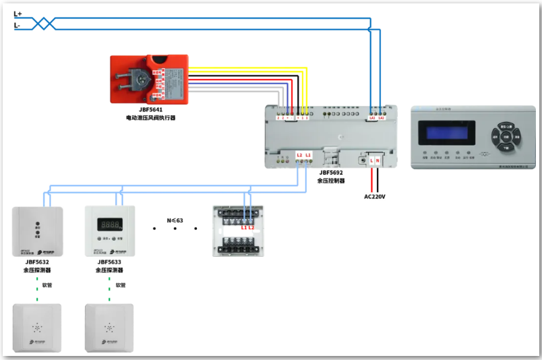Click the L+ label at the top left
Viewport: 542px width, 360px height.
click(x=18, y=13)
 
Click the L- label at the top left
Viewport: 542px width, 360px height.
click(x=17, y=26)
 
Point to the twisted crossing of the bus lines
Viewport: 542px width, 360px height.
click(x=44, y=24)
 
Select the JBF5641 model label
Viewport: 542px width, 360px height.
click(x=150, y=109)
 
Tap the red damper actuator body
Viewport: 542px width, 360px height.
click(x=149, y=79)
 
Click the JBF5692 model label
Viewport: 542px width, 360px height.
click(x=332, y=172)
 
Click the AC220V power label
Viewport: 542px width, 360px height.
click(x=375, y=197)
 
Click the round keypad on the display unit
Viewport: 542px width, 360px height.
click(x=506, y=136)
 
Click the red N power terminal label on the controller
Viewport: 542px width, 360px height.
click(x=378, y=160)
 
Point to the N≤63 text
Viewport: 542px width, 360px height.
click(x=175, y=220)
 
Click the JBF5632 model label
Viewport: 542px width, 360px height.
click(x=37, y=262)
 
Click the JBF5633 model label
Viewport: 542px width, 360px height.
click(x=109, y=262)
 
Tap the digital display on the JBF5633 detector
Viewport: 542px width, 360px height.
click(x=109, y=223)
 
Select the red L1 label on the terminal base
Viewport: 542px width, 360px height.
click(x=244, y=227)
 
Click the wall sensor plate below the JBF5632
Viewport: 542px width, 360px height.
click(x=37, y=328)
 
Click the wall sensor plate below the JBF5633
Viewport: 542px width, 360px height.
click(x=109, y=328)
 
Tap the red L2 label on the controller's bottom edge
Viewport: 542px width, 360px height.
click(x=299, y=155)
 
